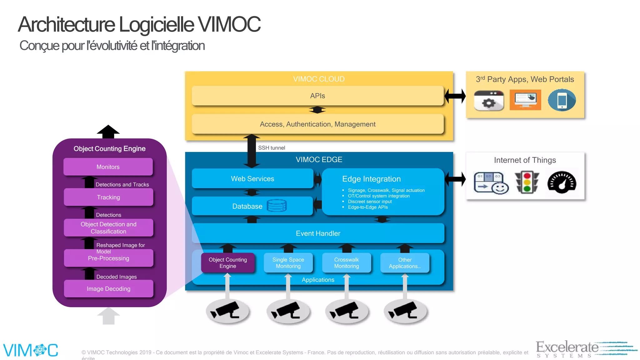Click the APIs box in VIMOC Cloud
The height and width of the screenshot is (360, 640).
point(317,96)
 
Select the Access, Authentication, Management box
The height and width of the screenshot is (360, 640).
point(317,124)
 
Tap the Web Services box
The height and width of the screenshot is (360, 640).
point(252,179)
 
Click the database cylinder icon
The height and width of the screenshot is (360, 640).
point(277,206)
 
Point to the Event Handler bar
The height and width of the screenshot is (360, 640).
point(318,233)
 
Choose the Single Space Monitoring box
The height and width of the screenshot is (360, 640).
point(288,263)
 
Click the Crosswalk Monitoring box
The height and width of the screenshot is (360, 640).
point(346,263)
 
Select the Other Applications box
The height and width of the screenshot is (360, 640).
point(405,263)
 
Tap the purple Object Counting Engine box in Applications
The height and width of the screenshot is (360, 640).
point(227,263)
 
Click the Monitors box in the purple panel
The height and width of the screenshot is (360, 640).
point(108,167)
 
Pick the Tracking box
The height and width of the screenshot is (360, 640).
point(108,197)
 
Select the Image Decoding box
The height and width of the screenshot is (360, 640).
point(108,289)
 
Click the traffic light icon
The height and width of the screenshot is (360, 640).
point(527,182)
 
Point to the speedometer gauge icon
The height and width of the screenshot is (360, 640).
point(562,182)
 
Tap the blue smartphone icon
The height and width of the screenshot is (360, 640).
point(562,100)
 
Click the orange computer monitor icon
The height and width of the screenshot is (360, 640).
point(525,100)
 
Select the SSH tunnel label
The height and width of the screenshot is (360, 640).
point(271,148)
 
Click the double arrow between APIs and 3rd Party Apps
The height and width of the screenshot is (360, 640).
point(455,96)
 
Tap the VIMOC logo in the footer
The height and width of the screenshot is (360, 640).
point(31,350)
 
